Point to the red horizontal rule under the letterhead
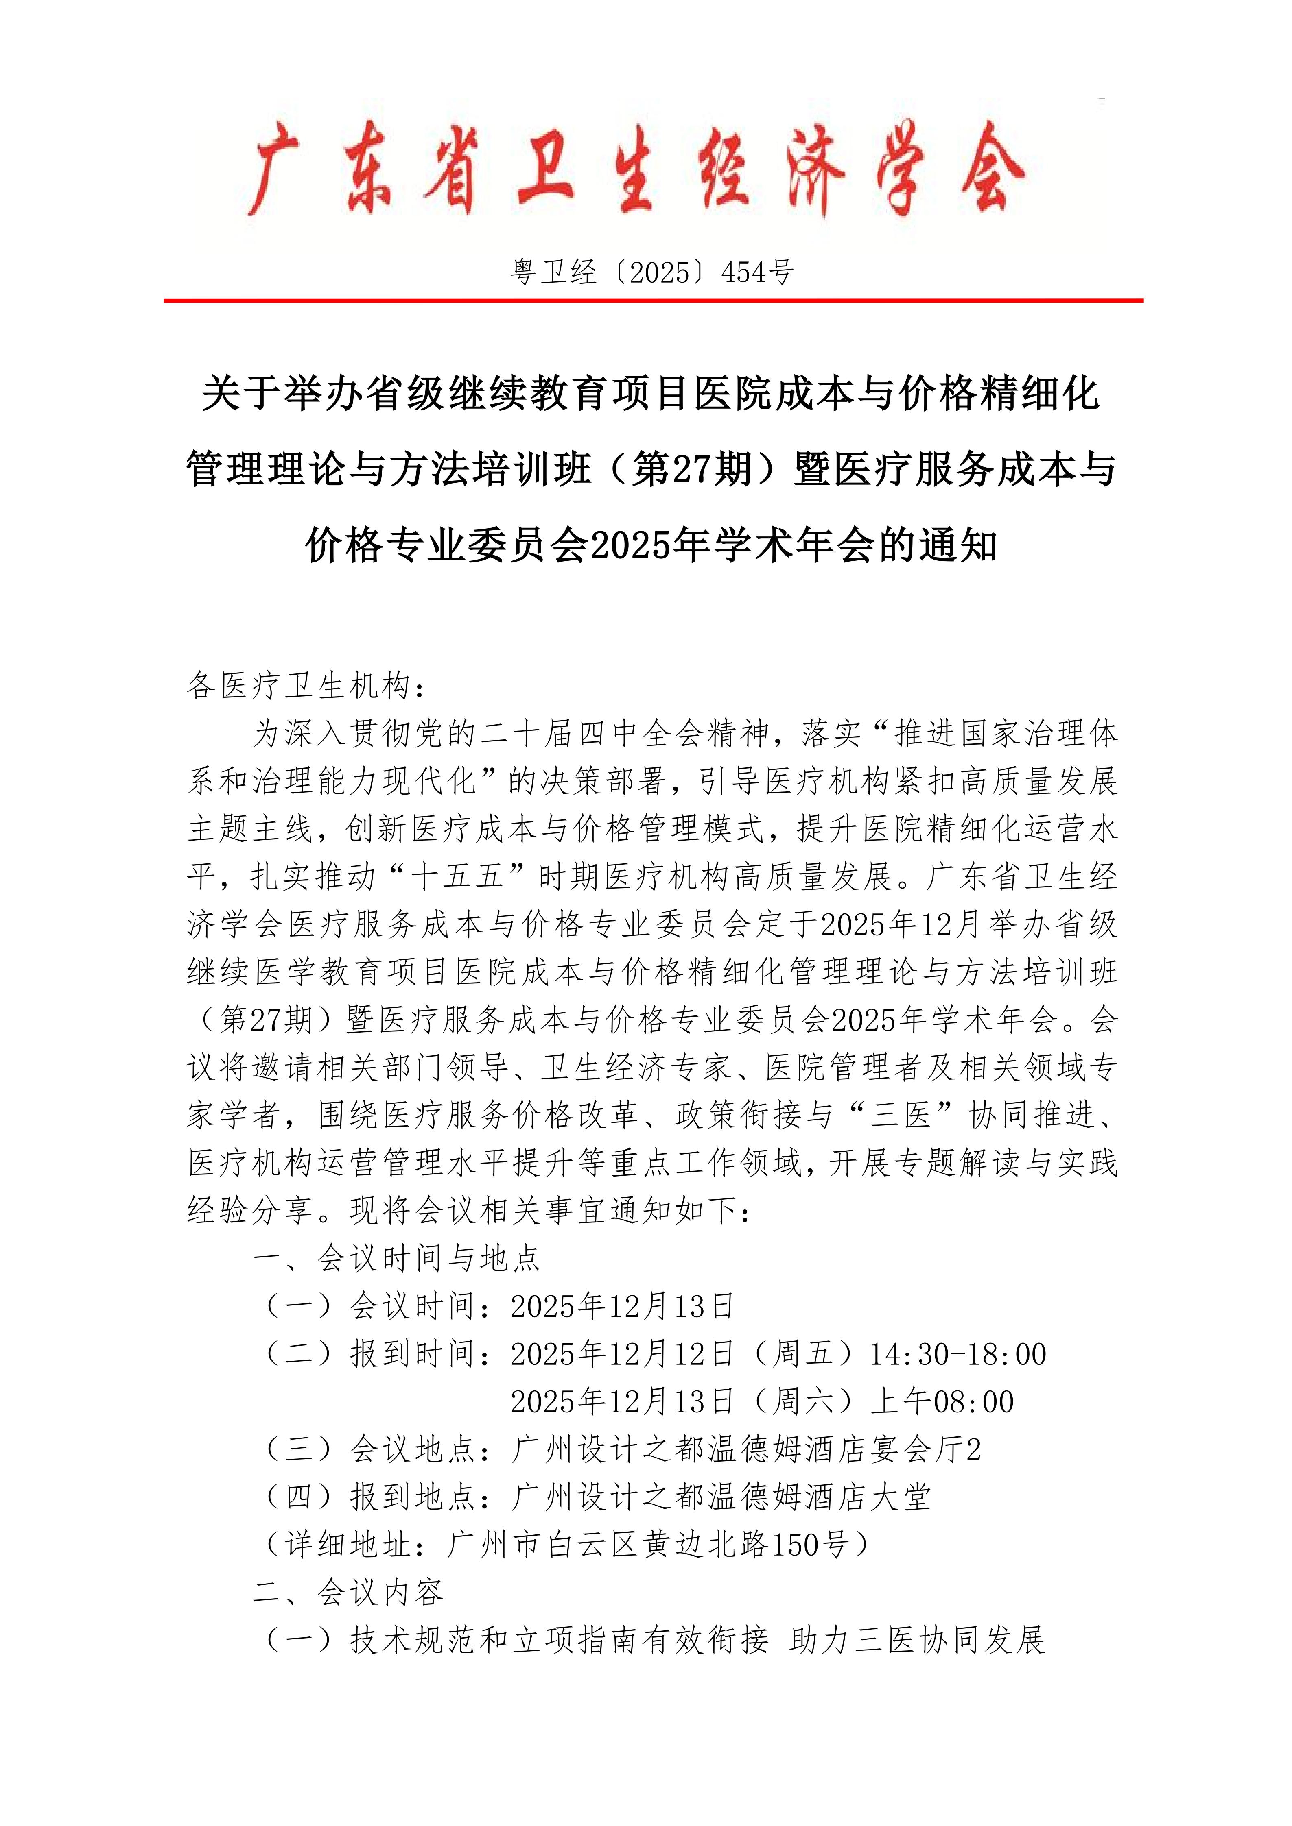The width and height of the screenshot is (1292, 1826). [x=652, y=301]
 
